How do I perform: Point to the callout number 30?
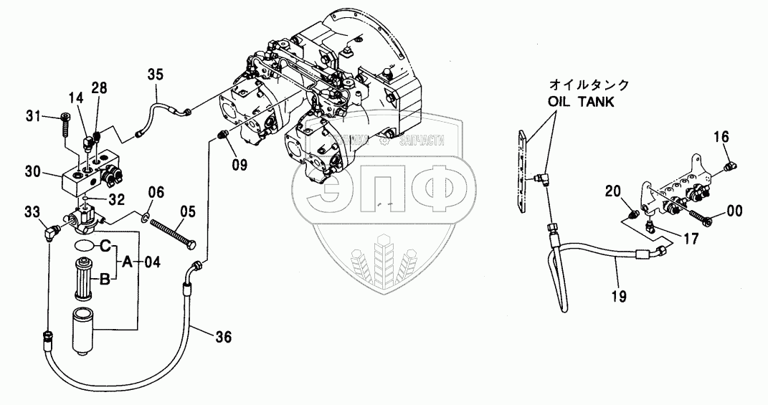33,171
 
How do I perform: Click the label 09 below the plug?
239,164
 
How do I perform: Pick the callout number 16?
721,136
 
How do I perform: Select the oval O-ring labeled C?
83,246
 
